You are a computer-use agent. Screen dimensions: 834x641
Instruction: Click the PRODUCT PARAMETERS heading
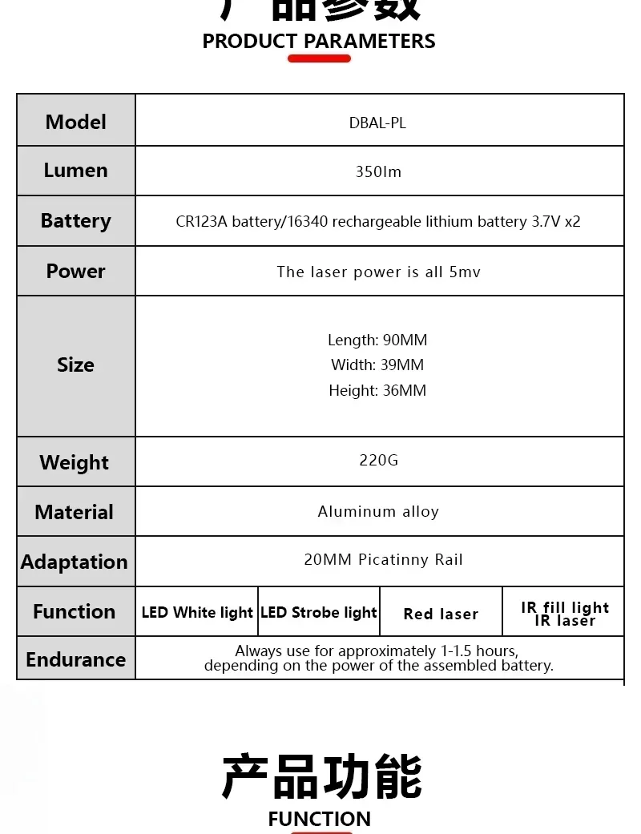pyautogui.click(x=319, y=41)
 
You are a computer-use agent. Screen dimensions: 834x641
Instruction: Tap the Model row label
pyautogui.click(x=75, y=122)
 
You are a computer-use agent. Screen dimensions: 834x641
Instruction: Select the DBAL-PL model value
pyautogui.click(x=377, y=123)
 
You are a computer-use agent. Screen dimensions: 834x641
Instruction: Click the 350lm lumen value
pyautogui.click(x=378, y=171)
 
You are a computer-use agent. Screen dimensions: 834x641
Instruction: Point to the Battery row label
pyautogui.click(x=75, y=220)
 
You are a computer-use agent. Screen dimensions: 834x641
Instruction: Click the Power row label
pyautogui.click(x=75, y=271)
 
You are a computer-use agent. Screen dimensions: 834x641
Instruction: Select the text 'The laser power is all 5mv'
pyautogui.click(x=378, y=272)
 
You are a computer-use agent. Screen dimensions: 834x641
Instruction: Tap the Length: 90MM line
pyautogui.click(x=377, y=340)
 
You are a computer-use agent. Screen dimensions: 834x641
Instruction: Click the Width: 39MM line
pyautogui.click(x=377, y=365)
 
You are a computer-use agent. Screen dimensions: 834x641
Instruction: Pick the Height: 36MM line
pyautogui.click(x=377, y=390)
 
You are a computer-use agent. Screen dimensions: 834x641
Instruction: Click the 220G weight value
pyautogui.click(x=378, y=460)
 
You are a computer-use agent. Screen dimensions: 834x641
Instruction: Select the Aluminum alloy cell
pyautogui.click(x=378, y=511)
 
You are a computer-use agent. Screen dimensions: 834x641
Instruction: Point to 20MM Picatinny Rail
pyautogui.click(x=383, y=559)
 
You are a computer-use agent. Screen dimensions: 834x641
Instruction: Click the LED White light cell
pyautogui.click(x=197, y=612)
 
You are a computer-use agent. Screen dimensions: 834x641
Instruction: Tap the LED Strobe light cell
pyautogui.click(x=319, y=612)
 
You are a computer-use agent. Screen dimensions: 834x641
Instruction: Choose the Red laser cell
pyautogui.click(x=441, y=614)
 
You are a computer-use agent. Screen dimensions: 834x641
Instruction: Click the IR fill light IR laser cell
pyautogui.click(x=565, y=614)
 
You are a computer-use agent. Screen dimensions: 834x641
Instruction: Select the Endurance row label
pyautogui.click(x=75, y=659)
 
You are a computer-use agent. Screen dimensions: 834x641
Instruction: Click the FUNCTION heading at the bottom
pyautogui.click(x=319, y=819)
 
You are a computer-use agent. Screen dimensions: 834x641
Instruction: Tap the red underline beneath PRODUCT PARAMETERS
pyautogui.click(x=319, y=58)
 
